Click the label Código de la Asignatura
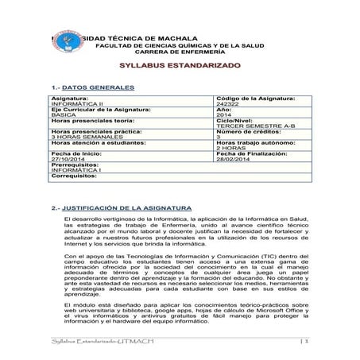tap(255, 98)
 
